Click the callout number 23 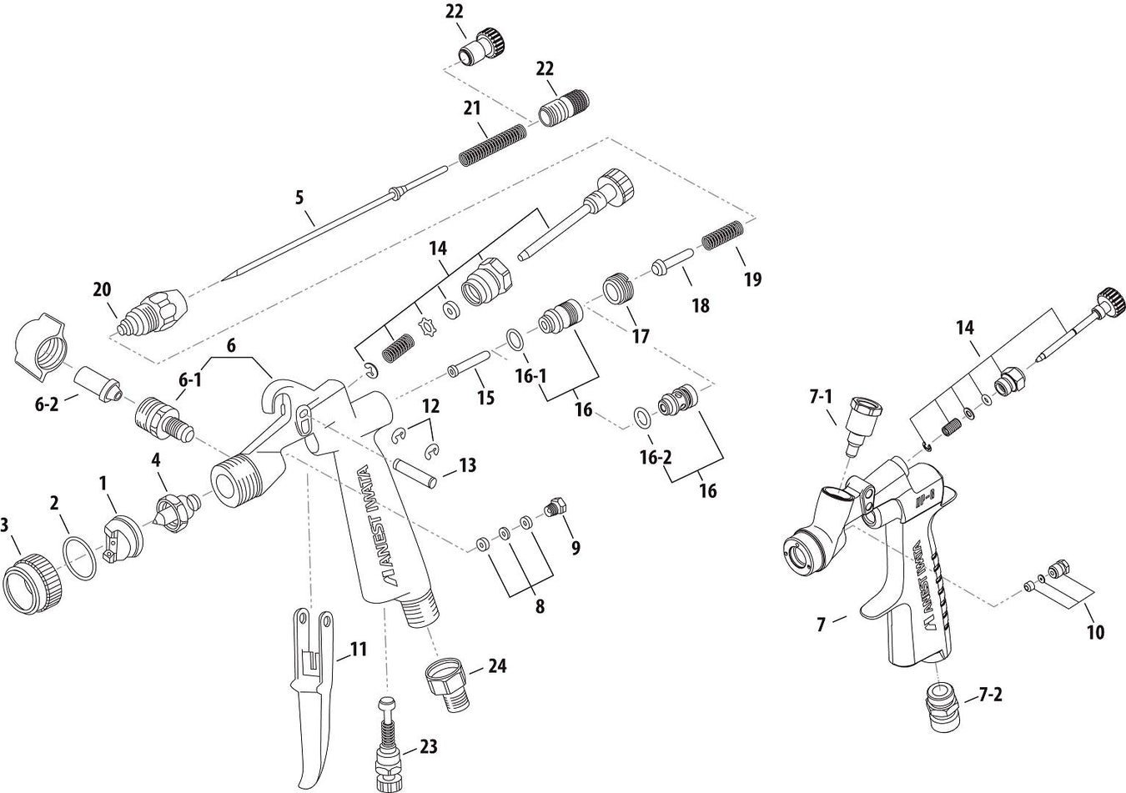point(428,746)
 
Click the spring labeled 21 point(494,144)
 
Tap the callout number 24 point(497,666)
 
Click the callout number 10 point(1095,632)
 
